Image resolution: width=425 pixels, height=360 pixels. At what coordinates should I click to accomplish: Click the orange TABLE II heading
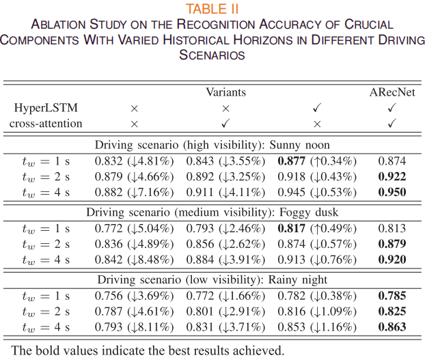pos(212,9)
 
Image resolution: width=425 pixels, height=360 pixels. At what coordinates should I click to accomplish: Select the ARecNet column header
pos(392,92)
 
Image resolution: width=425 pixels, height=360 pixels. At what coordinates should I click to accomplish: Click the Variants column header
pos(225,92)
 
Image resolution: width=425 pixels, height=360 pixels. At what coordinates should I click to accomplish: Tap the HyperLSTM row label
pos(46,108)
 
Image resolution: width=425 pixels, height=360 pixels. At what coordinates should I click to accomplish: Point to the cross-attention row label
pos(46,124)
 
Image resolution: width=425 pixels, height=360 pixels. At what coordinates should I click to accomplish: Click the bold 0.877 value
pos(292,161)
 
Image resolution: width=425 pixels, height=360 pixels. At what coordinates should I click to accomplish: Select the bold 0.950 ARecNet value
pos(392,192)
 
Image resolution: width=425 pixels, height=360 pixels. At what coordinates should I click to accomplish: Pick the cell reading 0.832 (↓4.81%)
pos(134,161)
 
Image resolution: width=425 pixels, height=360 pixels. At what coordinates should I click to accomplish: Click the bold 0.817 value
pos(292,228)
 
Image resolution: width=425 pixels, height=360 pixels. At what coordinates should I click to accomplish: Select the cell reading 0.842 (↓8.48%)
pos(134,260)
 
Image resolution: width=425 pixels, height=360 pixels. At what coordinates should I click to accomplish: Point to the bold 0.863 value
pos(392,327)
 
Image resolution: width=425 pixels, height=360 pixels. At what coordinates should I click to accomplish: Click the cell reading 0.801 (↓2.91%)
pos(225,311)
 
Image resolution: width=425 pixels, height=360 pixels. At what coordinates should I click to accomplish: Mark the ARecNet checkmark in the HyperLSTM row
pos(392,108)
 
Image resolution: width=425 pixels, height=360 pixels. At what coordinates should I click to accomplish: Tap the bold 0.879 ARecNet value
pos(392,244)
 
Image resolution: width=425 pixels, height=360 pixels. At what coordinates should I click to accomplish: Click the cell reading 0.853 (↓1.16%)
pos(317,327)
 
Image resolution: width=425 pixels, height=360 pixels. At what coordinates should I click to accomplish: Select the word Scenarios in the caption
pos(212,55)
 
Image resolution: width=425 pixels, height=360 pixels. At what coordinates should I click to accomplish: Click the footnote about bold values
pos(148,350)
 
